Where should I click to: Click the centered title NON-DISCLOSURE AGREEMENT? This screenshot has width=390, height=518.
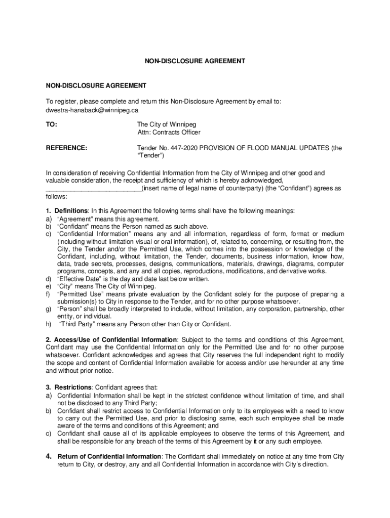(195, 61)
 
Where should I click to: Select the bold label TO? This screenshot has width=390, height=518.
(52, 124)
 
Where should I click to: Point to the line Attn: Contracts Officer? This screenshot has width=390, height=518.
(169, 133)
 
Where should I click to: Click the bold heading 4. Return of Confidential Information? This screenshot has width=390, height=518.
(104, 456)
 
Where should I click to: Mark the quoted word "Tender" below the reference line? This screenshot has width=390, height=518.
(151, 156)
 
